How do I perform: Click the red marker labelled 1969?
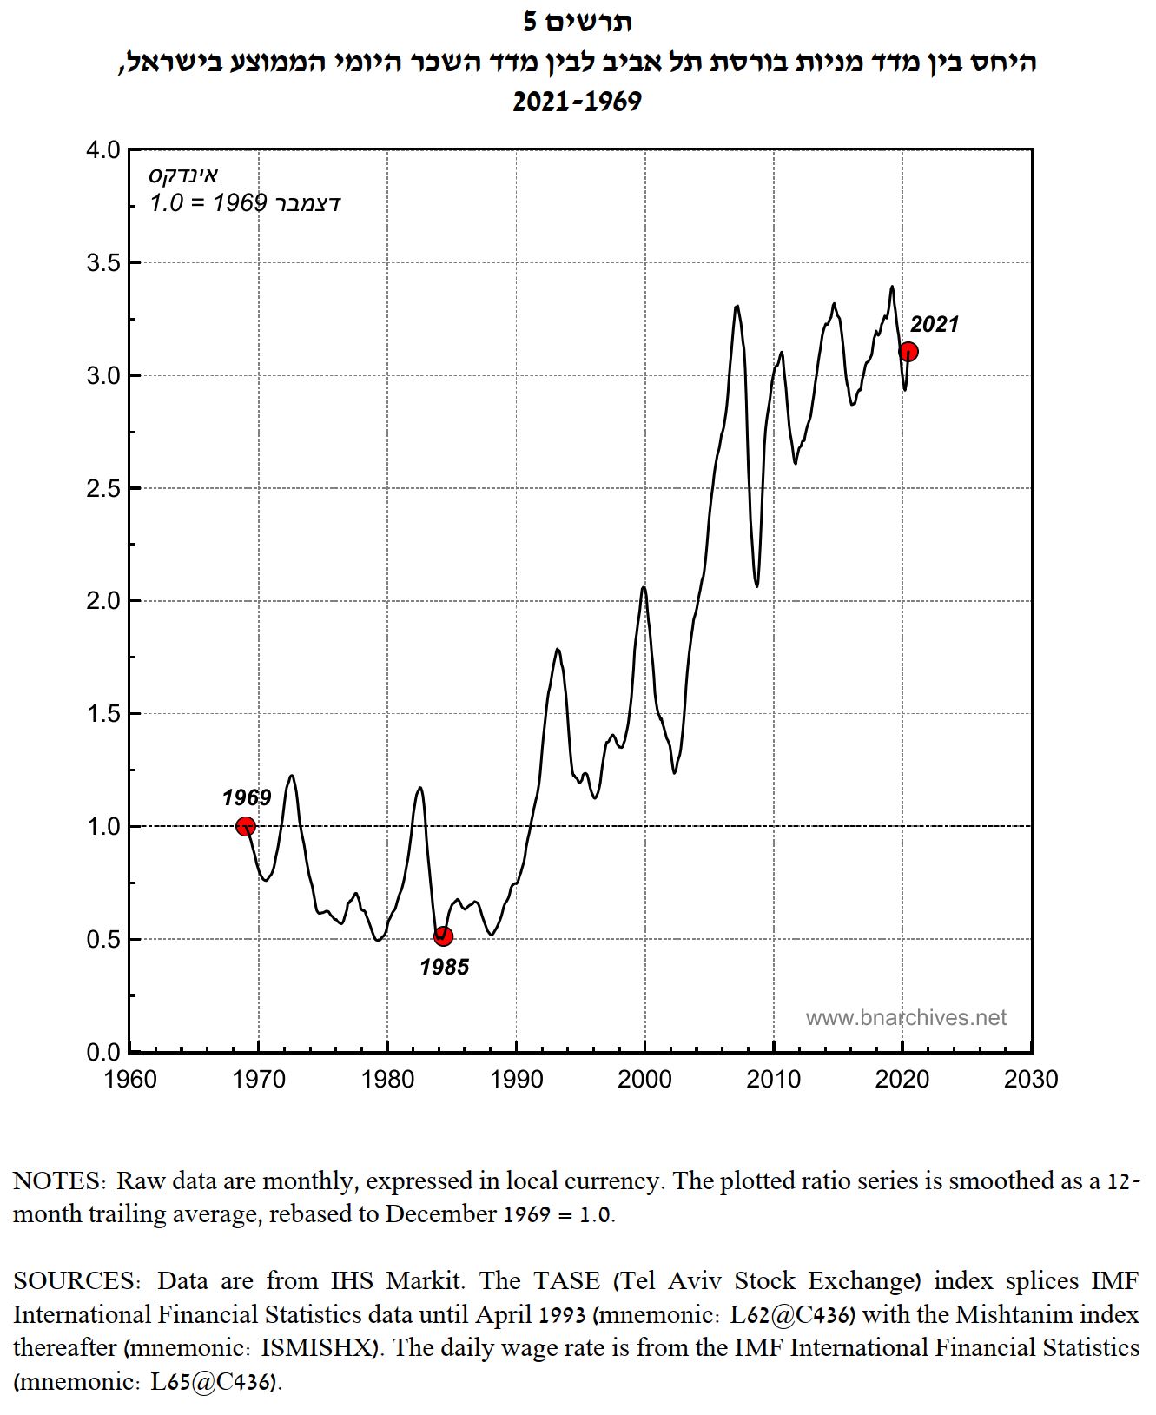pyautogui.click(x=246, y=826)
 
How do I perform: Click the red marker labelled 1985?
pyautogui.click(x=443, y=936)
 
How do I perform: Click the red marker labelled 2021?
pyautogui.click(x=908, y=352)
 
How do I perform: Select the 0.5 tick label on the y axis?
pyautogui.click(x=103, y=940)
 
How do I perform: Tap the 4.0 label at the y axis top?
pyautogui.click(x=103, y=150)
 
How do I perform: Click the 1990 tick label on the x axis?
pyautogui.click(x=516, y=1080)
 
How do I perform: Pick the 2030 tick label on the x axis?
pyautogui.click(x=1031, y=1080)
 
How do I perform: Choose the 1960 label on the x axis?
pyautogui.click(x=130, y=1080)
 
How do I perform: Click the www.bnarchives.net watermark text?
pyautogui.click(x=906, y=1017)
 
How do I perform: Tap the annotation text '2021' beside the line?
pyautogui.click(x=935, y=324)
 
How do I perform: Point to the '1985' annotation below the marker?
pyautogui.click(x=445, y=967)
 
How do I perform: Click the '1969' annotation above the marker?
pyautogui.click(x=247, y=797)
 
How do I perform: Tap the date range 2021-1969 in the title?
pyautogui.click(x=577, y=102)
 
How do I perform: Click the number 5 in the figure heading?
pyautogui.click(x=531, y=22)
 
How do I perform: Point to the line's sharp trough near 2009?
pyautogui.click(x=756, y=585)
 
